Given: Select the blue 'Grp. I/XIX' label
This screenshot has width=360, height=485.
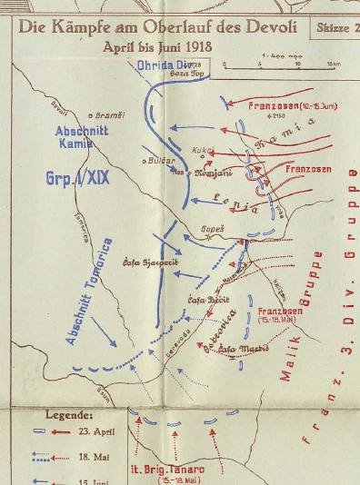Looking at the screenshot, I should tap(77, 179).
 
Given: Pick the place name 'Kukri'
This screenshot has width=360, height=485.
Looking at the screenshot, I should tap(202, 149).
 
